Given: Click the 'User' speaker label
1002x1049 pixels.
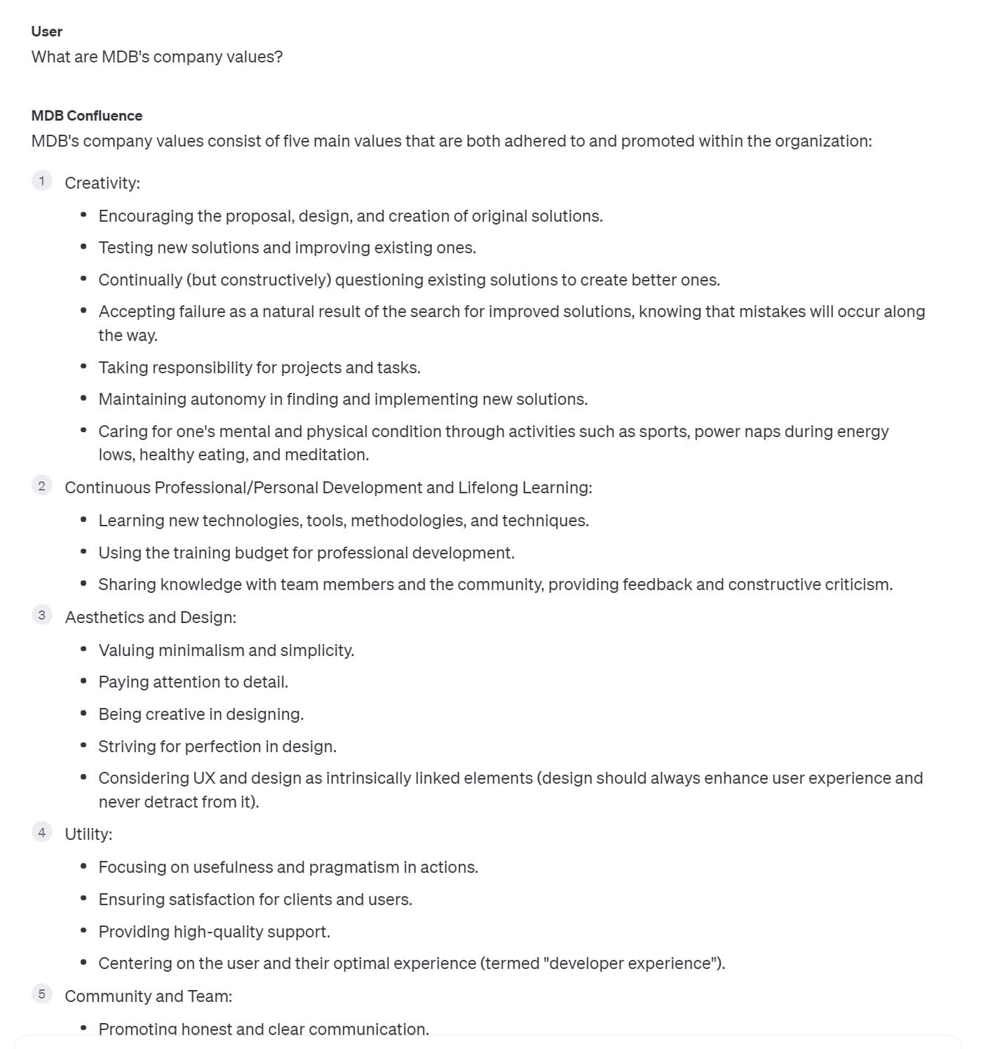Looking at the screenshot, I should tap(47, 32).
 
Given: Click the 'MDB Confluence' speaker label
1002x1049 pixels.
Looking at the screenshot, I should tap(86, 116).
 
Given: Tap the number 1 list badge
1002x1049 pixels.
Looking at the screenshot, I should tap(41, 181).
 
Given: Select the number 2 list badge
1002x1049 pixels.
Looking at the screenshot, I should tap(41, 486).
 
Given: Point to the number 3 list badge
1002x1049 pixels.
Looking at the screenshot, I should tap(41, 615).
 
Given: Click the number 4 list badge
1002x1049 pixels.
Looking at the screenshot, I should tap(41, 832).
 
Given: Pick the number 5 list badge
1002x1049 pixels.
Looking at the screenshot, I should tap(41, 994).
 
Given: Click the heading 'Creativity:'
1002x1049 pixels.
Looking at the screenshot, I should tap(102, 183).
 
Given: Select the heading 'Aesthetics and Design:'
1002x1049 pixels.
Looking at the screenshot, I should tap(151, 617).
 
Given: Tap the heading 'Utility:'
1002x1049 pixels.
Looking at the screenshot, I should tap(88, 834).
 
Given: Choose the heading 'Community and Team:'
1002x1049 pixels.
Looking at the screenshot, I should tap(149, 996).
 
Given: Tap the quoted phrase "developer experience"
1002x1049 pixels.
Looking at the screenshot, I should tap(628, 963).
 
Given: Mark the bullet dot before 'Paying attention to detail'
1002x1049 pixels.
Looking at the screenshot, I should tap(83, 681).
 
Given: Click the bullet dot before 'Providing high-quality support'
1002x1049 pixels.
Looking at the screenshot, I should tap(83, 931).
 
